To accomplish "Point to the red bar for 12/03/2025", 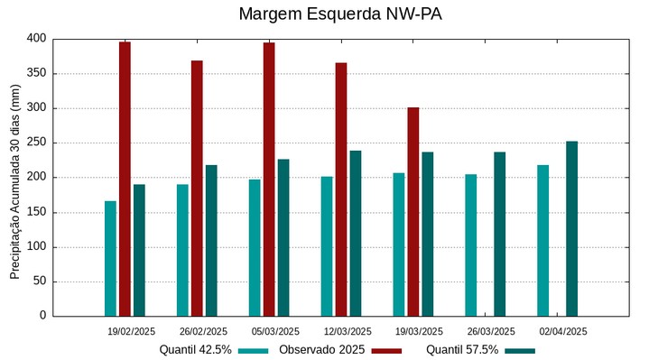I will [x=341, y=189].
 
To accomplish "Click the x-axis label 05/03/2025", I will [x=275, y=331].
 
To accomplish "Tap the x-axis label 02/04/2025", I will [x=563, y=331].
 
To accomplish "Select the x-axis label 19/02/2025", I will [x=131, y=331].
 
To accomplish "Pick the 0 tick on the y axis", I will [x=42, y=316].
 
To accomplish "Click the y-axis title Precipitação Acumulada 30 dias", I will [x=15, y=177].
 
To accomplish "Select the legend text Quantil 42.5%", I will [x=195, y=350].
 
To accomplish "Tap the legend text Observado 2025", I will [x=321, y=350].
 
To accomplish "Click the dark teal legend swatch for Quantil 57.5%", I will [x=520, y=351].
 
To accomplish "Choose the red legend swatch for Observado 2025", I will [x=386, y=351].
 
